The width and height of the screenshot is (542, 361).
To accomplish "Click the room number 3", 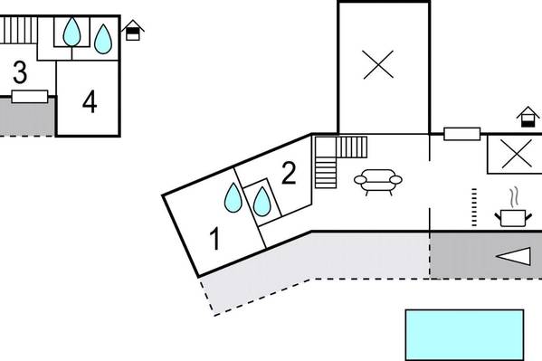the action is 20,72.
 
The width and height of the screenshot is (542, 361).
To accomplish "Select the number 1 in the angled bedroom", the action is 215,238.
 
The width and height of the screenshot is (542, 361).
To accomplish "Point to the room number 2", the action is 289,173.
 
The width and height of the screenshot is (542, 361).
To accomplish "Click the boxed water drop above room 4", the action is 71,32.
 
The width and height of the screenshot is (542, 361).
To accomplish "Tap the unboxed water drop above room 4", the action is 103,39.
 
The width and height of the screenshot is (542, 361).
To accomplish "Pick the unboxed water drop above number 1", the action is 233,197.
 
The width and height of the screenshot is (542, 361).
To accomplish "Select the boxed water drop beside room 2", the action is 261,202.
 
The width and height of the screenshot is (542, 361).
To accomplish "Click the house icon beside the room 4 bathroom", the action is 133,31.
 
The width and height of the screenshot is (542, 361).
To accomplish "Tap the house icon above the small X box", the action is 528,117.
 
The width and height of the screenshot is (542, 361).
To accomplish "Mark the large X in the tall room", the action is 378,64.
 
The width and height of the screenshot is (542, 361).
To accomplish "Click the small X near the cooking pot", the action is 516,154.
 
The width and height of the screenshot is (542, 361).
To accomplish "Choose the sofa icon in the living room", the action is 378,182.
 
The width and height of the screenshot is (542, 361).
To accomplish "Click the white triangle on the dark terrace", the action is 513,256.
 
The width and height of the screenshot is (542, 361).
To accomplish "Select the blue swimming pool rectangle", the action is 464,335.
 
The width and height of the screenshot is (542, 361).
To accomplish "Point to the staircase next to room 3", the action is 18,30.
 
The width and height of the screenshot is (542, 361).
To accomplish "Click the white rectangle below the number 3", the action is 30,97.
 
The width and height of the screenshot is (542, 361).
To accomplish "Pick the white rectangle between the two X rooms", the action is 461,134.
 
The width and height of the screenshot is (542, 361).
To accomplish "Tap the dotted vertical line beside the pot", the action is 474,207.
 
